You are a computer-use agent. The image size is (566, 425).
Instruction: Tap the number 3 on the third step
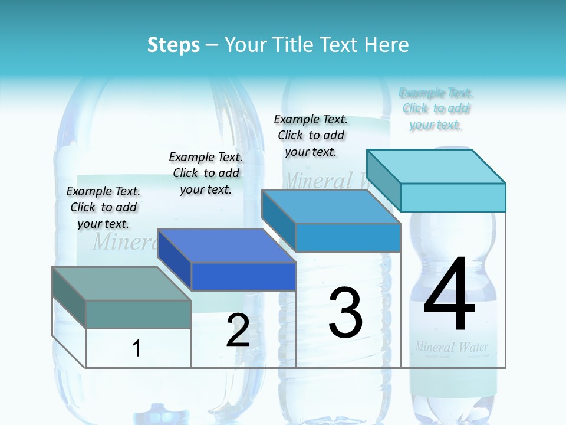[345, 313]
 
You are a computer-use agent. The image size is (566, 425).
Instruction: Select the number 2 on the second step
[238, 331]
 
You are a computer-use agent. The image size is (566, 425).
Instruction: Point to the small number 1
[137, 348]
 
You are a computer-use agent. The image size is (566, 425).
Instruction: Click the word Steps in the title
[173, 45]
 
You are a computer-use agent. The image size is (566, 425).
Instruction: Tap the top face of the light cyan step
[436, 166]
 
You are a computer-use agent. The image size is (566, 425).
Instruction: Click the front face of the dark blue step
[243, 276]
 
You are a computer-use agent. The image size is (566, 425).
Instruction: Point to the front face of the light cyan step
[453, 197]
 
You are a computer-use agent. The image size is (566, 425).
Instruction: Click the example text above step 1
[103, 207]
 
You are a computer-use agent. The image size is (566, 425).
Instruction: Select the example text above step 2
[206, 173]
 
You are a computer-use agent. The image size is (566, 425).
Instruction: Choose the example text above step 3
[311, 135]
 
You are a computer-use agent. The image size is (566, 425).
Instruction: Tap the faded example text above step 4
[436, 109]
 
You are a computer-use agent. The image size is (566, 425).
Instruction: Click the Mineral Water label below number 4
[452, 346]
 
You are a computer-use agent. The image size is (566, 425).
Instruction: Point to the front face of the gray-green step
[138, 314]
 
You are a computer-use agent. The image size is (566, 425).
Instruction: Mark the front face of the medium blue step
[348, 237]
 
